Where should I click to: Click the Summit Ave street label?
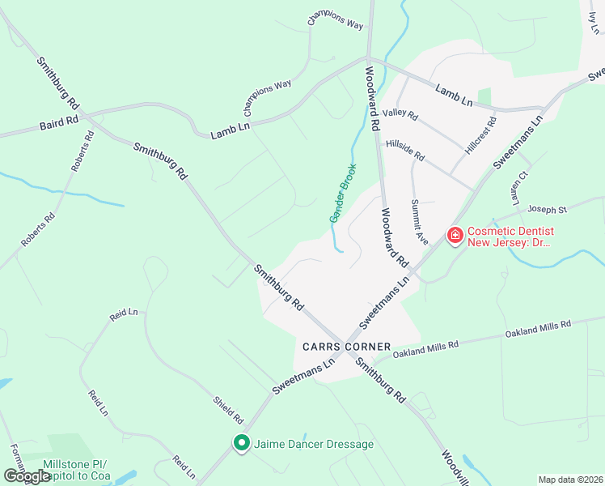pos(418,221)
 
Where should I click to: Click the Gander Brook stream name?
pos(343,193)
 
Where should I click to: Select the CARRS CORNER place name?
pos(346,346)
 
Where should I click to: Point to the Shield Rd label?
pos(228,411)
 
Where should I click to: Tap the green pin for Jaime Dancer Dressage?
pos(240,443)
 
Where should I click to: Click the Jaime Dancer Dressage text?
pos(314,444)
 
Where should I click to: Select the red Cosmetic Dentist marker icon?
pos(455,235)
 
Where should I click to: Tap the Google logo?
pos(27,476)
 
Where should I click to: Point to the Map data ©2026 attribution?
pos(570,480)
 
